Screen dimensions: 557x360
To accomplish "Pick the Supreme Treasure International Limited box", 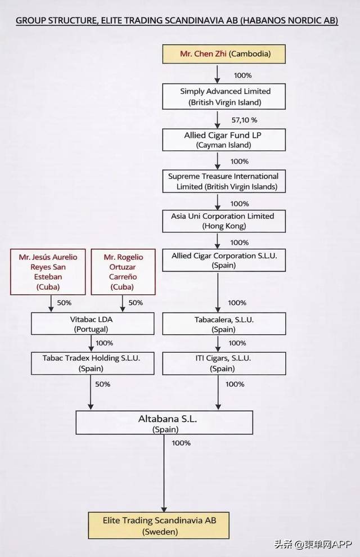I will click(x=223, y=181).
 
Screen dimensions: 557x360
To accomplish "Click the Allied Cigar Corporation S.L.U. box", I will click(x=224, y=260).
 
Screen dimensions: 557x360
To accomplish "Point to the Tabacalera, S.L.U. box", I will click(x=223, y=324).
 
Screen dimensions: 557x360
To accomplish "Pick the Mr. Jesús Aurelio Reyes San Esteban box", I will click(x=48, y=272).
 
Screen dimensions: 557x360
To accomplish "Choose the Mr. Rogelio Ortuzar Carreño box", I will click(x=120, y=272).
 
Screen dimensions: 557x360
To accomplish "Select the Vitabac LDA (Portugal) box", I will click(x=93, y=324).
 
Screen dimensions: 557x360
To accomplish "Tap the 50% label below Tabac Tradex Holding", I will click(x=102, y=384).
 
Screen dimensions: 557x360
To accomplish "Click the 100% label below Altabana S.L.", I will click(x=181, y=443).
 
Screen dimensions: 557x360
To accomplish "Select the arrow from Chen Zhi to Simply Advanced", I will click(x=217, y=73).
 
